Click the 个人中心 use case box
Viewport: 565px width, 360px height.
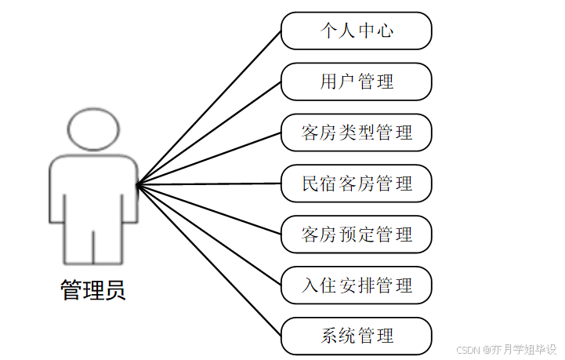point(357,31)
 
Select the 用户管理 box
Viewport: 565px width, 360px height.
point(357,82)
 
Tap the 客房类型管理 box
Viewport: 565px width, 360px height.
point(357,133)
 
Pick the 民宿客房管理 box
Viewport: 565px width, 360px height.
point(357,184)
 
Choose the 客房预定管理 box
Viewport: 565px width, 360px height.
point(357,235)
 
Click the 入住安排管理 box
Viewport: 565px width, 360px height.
point(357,285)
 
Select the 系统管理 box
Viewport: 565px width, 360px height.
point(357,336)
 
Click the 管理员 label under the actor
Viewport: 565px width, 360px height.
point(92,291)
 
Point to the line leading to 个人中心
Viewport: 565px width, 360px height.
point(209,108)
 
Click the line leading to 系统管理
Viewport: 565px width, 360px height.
point(209,261)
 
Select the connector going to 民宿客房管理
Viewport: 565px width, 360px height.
point(209,185)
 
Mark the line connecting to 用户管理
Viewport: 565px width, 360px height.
point(209,133)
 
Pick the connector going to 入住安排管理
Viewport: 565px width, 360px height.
point(209,235)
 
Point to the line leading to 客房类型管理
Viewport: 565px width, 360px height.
point(209,159)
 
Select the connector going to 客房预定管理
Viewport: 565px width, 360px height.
point(209,210)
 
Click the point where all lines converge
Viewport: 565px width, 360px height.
point(137,186)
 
